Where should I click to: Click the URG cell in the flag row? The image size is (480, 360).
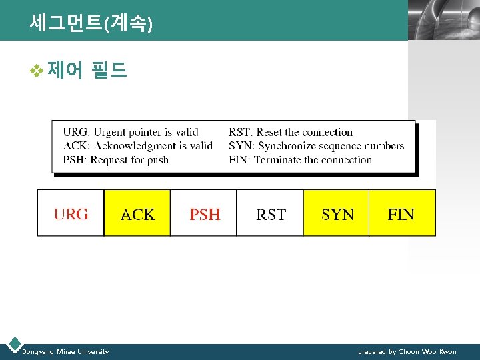click(71, 213)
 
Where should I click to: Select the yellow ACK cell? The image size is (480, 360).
click(137, 213)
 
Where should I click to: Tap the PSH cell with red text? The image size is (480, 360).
click(204, 213)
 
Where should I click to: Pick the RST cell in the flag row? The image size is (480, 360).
click(270, 213)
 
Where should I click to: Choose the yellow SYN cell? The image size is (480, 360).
click(337, 213)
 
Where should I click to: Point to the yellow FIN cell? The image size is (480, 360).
click(402, 213)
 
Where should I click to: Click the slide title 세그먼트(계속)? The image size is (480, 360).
click(91, 23)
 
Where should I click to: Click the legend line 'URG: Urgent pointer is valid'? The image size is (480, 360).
click(131, 132)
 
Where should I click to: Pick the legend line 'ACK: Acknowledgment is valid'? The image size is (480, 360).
click(138, 145)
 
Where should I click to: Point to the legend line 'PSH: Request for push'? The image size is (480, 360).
click(116, 159)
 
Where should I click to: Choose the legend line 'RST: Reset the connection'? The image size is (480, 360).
click(291, 132)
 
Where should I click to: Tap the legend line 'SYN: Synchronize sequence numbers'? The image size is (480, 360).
click(317, 145)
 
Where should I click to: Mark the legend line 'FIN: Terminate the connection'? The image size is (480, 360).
click(300, 159)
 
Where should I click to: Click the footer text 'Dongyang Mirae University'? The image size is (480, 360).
click(65, 351)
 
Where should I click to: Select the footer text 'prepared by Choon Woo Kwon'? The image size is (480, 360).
click(407, 351)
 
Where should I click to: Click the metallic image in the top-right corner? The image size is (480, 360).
click(443, 20)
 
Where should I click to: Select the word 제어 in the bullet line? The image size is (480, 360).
click(65, 69)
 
